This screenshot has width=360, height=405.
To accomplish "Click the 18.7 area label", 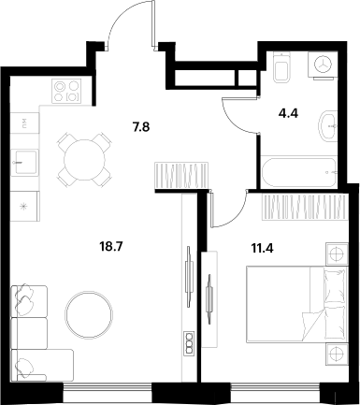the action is click(111, 247).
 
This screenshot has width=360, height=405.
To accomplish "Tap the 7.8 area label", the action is click(141, 127).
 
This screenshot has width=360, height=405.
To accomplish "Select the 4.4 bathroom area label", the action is click(288, 113).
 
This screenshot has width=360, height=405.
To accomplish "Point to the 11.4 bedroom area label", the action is click(262, 249).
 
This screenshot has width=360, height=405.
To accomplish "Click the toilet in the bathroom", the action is click(281, 67).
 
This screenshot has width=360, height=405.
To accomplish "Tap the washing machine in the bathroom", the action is click(323, 65).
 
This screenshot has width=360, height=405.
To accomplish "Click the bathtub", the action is click(298, 172).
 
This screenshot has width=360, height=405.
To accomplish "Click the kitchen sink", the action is click(25, 163).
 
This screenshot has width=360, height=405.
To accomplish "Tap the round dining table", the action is click(83, 160).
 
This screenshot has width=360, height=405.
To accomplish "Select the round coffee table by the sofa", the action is click(89, 314).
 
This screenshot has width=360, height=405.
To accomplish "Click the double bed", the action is click(296, 304).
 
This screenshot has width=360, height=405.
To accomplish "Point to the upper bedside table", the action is click(337, 254).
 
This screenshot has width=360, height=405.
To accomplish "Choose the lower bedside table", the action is click(337, 354).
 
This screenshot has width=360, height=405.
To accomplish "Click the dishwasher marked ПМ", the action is click(25, 123).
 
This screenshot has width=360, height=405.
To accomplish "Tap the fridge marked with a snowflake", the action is click(25, 206).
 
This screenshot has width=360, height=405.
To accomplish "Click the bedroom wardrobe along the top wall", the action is click(305, 207).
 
